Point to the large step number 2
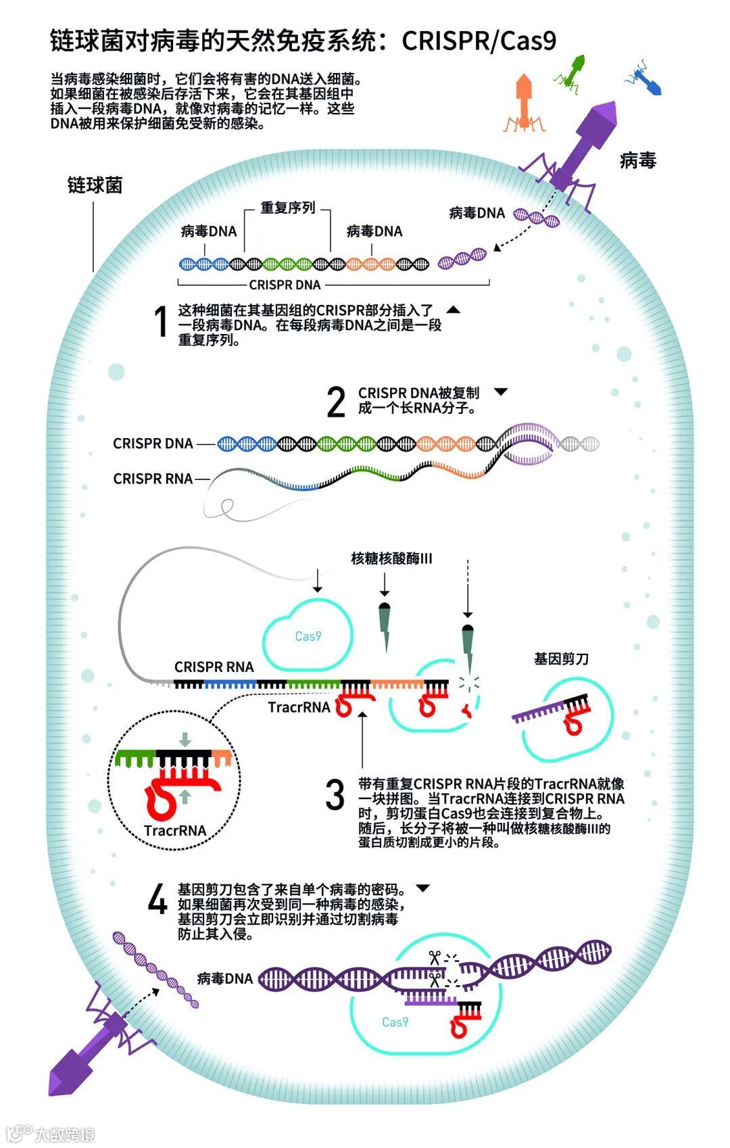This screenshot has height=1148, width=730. click(x=336, y=402)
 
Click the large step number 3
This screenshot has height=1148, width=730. click(x=335, y=794)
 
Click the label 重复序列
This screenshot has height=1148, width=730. click(x=288, y=208)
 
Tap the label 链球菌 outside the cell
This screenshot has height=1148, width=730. click(x=95, y=185)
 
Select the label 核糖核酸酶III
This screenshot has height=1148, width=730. click(x=391, y=558)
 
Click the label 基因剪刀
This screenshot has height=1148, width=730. click(x=561, y=659)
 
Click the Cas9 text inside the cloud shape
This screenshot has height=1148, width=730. click(x=308, y=636)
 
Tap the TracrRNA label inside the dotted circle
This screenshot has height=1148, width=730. click(x=174, y=831)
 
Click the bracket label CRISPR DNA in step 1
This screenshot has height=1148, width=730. click(x=285, y=285)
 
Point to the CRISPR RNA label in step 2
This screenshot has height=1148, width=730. click(x=153, y=479)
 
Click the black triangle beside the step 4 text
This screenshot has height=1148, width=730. click(x=423, y=888)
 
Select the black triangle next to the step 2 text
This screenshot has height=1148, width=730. click(x=501, y=391)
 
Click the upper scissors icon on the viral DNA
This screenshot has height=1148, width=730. click(x=434, y=957)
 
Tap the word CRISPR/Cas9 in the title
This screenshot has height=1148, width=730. click(x=479, y=41)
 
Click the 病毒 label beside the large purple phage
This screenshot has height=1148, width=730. click(x=637, y=160)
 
